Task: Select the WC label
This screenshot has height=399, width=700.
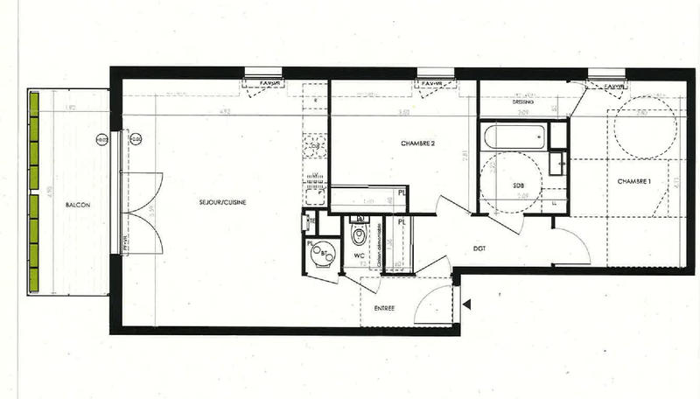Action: (358, 255)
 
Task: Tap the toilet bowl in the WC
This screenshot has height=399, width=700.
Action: (358, 234)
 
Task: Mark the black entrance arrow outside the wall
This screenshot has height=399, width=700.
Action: (468, 304)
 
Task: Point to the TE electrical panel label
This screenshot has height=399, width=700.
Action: (311, 221)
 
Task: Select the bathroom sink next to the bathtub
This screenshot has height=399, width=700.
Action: (557, 160)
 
